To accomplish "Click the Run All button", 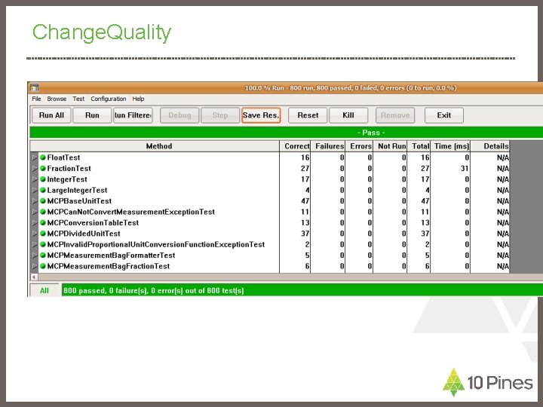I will pyautogui.click(x=52, y=115).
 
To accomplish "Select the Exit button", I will pyautogui.click(x=443, y=115).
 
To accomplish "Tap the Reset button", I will pyautogui.click(x=308, y=115).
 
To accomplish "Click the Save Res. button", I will pyautogui.click(x=261, y=115).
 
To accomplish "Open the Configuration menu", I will pyautogui.click(x=109, y=99).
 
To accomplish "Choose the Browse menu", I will pyautogui.click(x=57, y=99).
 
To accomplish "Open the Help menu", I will pyautogui.click(x=139, y=99).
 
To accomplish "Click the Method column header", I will pyautogui.click(x=158, y=146).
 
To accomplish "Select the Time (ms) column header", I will pyautogui.click(x=452, y=146).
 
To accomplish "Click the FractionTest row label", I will pyautogui.click(x=69, y=169).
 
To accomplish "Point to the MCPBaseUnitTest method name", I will pyautogui.click(x=79, y=201).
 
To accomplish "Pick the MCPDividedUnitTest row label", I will pyautogui.click(x=83, y=234).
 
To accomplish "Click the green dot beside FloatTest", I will pyautogui.click(x=43, y=158).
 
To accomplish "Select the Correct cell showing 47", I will pyautogui.click(x=304, y=201).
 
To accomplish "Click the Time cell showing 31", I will pyautogui.click(x=465, y=169).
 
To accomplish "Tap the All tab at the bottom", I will pyautogui.click(x=44, y=290).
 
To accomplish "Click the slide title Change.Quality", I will pyautogui.click(x=102, y=32).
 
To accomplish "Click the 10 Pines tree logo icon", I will pyautogui.click(x=452, y=382).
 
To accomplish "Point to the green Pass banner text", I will pyautogui.click(x=370, y=133).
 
